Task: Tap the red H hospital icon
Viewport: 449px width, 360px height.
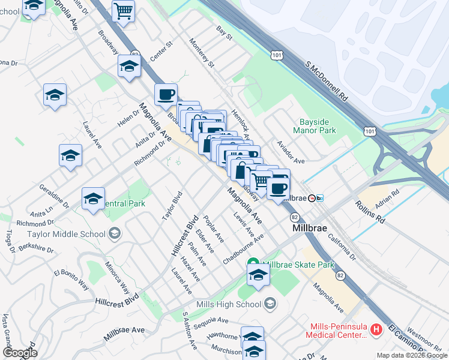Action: [x=376, y=329]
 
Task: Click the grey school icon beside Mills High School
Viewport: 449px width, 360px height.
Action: [x=270, y=304]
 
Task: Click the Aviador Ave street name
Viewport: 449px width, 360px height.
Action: [x=291, y=152]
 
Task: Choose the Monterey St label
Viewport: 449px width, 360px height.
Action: [x=201, y=53]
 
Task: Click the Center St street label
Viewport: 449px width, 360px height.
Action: [x=161, y=52]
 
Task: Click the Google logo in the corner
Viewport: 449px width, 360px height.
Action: [x=20, y=353]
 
